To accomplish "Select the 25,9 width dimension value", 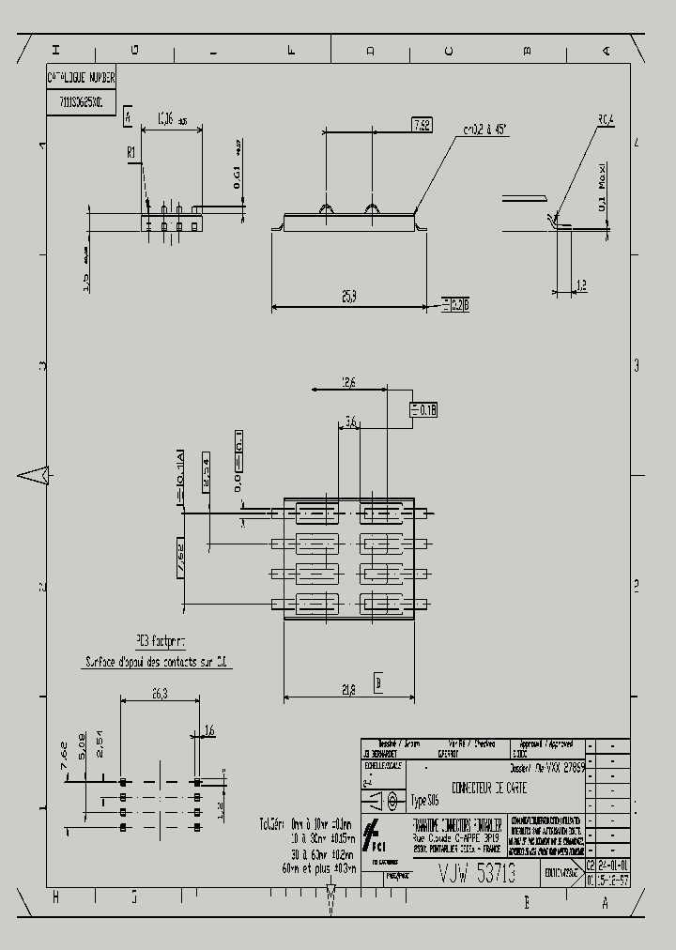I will [347, 297].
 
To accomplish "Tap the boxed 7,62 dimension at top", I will [421, 125].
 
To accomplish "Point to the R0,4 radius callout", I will [606, 119].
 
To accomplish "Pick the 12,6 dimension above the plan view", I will [348, 383].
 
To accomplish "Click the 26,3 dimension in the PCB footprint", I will [159, 695].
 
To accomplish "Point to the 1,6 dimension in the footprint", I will [208, 729].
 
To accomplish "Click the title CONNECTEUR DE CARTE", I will [489, 789].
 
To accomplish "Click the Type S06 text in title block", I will [425, 801].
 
